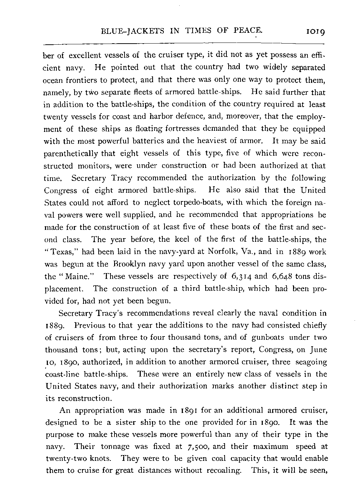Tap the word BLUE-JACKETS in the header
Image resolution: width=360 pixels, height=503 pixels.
pos(129,30)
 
